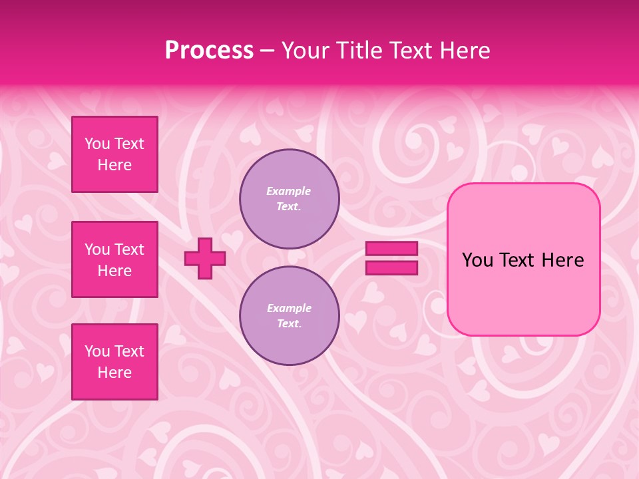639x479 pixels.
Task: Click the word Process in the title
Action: coord(209,51)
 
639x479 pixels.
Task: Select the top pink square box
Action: coord(114,154)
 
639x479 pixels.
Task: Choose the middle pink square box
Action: coord(114,259)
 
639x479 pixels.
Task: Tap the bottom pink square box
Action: coord(114,362)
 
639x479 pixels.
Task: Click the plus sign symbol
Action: coord(205,259)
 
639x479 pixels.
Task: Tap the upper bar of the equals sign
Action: coord(391,248)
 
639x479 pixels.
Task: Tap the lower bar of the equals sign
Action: coord(391,268)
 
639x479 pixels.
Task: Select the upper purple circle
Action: coord(289,199)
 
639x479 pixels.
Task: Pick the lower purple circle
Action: coord(289,316)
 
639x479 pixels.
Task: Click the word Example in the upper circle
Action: coord(288,191)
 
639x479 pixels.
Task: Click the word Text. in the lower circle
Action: coord(289,323)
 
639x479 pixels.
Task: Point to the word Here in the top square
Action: coord(114,165)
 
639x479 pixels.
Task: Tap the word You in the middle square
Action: coord(97,249)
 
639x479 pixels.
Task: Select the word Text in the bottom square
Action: coord(129,351)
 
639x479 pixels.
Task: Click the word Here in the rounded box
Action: coord(562,260)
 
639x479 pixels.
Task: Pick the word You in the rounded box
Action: coord(477,260)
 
